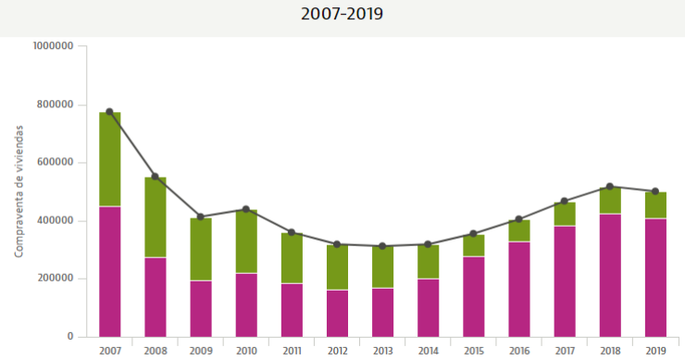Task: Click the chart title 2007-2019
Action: click(342, 15)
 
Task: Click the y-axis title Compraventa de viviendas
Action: click(19, 191)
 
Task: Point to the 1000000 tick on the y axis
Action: click(52, 46)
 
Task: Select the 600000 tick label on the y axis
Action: click(55, 163)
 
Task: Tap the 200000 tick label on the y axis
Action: click(55, 279)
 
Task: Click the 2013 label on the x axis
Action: click(382, 351)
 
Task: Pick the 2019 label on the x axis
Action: click(655, 351)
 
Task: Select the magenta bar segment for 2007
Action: click(110, 271)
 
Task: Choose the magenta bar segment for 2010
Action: click(246, 304)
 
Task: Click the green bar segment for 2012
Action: click(337, 267)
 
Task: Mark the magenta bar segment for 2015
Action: click(473, 296)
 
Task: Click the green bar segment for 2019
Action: click(655, 205)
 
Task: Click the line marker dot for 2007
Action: click(110, 112)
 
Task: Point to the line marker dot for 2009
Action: click(201, 217)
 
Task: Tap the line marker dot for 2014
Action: click(428, 244)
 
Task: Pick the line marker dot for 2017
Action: click(565, 201)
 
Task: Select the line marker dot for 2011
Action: click(292, 232)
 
